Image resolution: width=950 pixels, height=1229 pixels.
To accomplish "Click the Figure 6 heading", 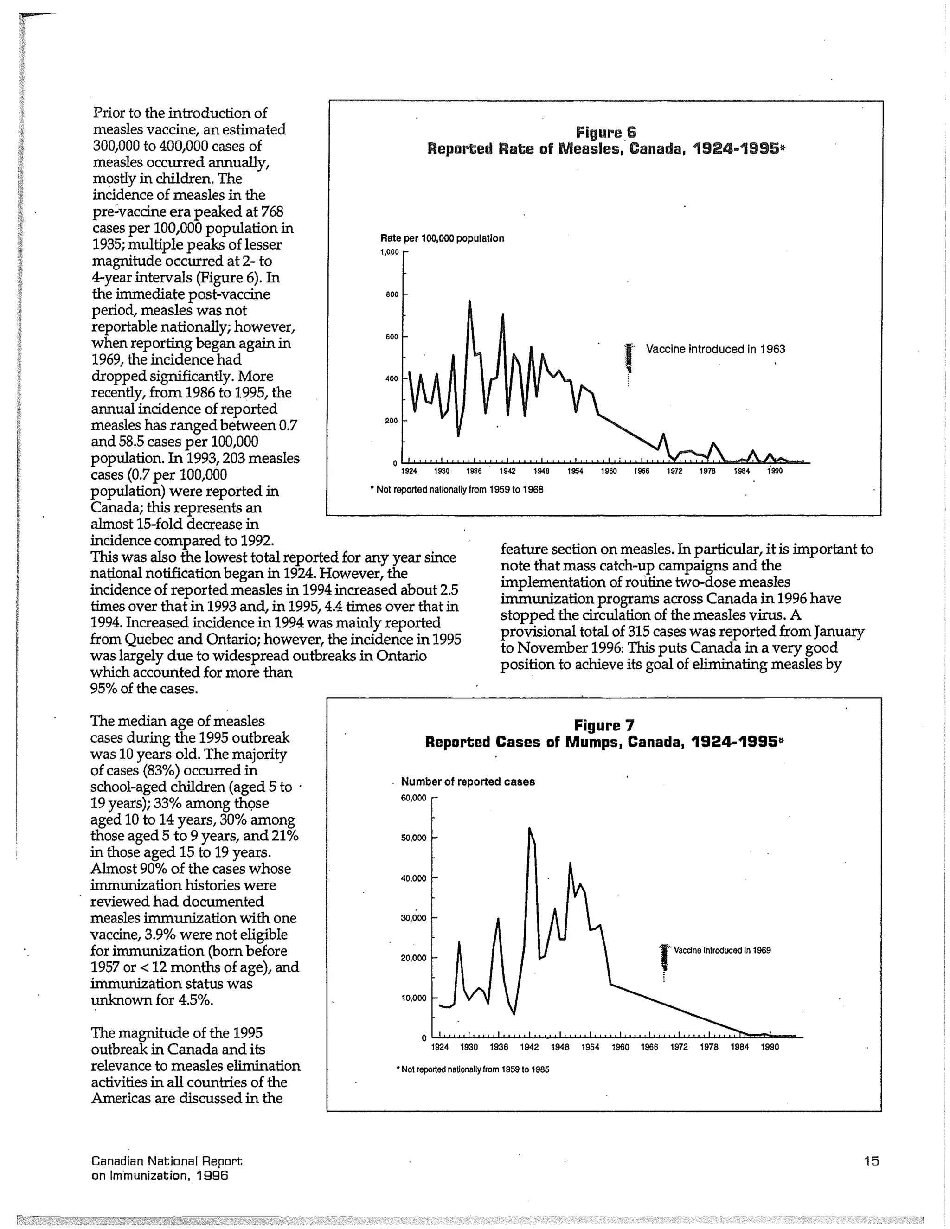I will coord(605,133).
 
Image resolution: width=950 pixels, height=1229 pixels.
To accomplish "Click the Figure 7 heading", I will coord(604,725).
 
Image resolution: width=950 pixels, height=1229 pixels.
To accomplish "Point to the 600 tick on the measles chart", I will coord(392,337).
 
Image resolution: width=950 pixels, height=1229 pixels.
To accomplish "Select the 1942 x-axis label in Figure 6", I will coord(507,471).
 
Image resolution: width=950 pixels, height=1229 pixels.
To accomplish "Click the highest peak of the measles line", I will coord(469,301).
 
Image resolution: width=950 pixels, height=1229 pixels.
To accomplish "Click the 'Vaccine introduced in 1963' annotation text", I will coord(715,349).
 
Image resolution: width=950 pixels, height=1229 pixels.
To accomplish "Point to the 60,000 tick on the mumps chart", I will coord(413,798).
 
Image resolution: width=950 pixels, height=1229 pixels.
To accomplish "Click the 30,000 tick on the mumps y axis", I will coord(413,918).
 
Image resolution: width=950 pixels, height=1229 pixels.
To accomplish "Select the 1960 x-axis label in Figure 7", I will coord(620,1047).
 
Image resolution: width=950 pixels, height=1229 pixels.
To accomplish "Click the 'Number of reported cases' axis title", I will coord(467,781).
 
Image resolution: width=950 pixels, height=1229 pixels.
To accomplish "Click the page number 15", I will coord(871,1160).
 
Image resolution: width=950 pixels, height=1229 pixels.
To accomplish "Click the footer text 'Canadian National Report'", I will coord(167,1160).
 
